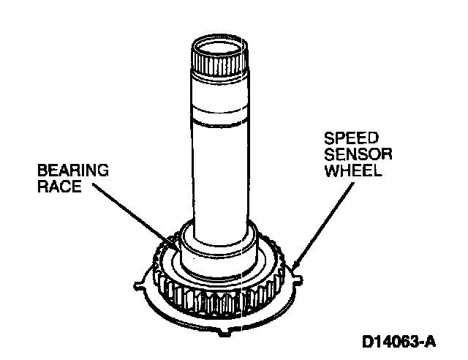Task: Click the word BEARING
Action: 72,170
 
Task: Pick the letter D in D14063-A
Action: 366,341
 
